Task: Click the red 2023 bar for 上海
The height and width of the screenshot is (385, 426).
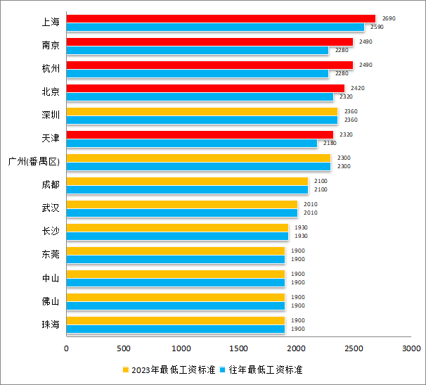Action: [x=221, y=18]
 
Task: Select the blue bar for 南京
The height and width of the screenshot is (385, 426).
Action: [x=198, y=50]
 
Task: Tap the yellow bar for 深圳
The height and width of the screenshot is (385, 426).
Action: [x=202, y=111]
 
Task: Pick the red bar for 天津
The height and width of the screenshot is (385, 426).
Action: [x=200, y=134]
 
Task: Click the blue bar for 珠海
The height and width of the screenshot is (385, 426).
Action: [x=176, y=329]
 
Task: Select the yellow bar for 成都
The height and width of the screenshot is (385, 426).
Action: [x=187, y=181]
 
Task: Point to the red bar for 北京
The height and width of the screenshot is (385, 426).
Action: [x=205, y=88]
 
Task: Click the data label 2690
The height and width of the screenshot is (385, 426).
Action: [x=389, y=18]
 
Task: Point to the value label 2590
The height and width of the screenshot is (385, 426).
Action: [x=376, y=27]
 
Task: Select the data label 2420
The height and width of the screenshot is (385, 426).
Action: [x=357, y=88]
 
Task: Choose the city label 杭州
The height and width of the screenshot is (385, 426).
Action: [x=51, y=69]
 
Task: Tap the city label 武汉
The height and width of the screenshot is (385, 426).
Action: [x=51, y=208]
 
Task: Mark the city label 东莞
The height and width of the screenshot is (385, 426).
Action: [x=51, y=255]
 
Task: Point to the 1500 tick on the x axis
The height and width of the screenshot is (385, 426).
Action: [x=239, y=348]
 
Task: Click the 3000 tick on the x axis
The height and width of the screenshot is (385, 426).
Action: [x=411, y=348]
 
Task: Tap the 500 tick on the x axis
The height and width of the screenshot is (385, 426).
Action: [x=124, y=348]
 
